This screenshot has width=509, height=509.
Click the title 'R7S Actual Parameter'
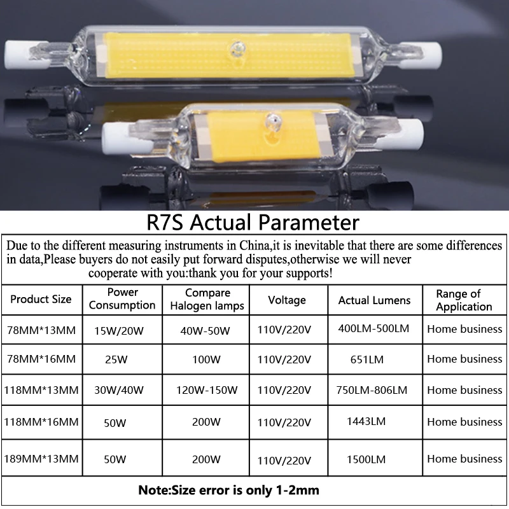pos(253,222)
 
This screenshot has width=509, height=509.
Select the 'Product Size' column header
pos(41,299)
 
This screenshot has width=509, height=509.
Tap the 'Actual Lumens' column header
pos(374,300)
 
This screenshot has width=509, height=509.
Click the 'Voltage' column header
pos(287,300)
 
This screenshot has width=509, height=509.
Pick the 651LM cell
pos(367,359)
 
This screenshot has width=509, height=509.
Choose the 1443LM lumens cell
pos(366,421)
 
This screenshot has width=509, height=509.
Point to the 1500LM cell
pos(366,459)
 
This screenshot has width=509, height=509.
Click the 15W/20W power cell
pos(119,331)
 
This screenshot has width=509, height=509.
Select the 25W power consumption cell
pos(116,359)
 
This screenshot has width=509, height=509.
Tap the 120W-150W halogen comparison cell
pos(207,390)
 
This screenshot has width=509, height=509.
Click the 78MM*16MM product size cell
pos(41,359)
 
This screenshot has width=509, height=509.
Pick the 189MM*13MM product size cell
pos(41,459)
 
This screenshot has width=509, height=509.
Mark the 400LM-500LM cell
pos(373,328)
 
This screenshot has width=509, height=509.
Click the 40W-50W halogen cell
pos(205,331)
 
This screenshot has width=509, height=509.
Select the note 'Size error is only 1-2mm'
pos(229,490)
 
